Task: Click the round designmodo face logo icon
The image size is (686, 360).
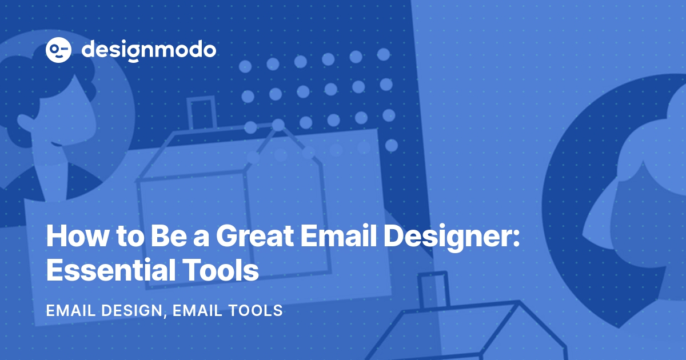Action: (58, 50)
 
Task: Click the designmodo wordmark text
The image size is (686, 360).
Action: (149, 51)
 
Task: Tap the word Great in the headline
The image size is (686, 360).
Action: (255, 237)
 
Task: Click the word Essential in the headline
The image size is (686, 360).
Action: (111, 270)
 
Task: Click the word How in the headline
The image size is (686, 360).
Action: (77, 236)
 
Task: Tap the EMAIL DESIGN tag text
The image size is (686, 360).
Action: (104, 310)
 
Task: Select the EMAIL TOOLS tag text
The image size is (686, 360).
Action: (228, 310)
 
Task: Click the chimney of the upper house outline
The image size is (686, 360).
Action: (201, 113)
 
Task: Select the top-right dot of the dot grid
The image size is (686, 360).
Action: (383, 54)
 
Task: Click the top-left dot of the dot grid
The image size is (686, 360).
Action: (245, 66)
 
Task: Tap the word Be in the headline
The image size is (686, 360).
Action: (169, 236)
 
